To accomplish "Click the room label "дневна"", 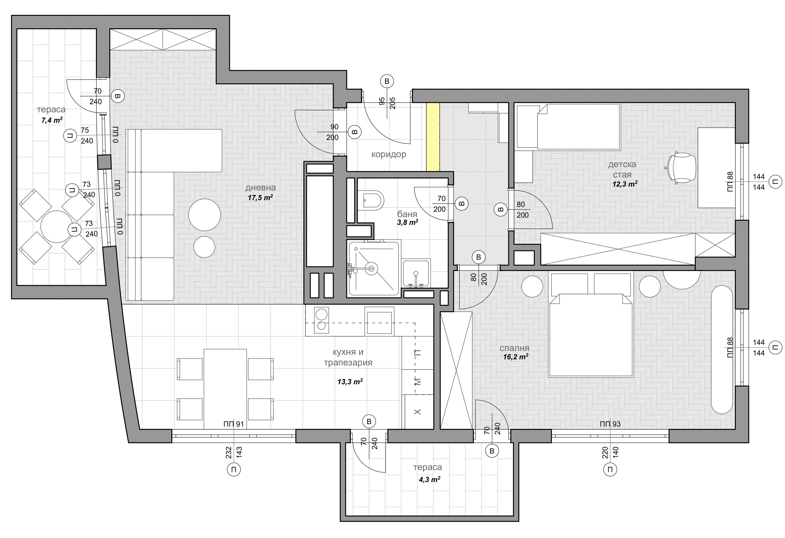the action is pos(261,187).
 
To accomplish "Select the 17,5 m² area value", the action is pos(261,198).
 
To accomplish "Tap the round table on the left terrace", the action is pos(57,227).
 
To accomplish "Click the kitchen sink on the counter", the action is pos(379,321).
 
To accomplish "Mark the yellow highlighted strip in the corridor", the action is pos(433,137).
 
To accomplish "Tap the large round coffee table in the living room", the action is pos(204,215).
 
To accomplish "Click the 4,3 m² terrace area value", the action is pos(429,480).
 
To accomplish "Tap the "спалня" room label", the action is pos(515,348).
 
